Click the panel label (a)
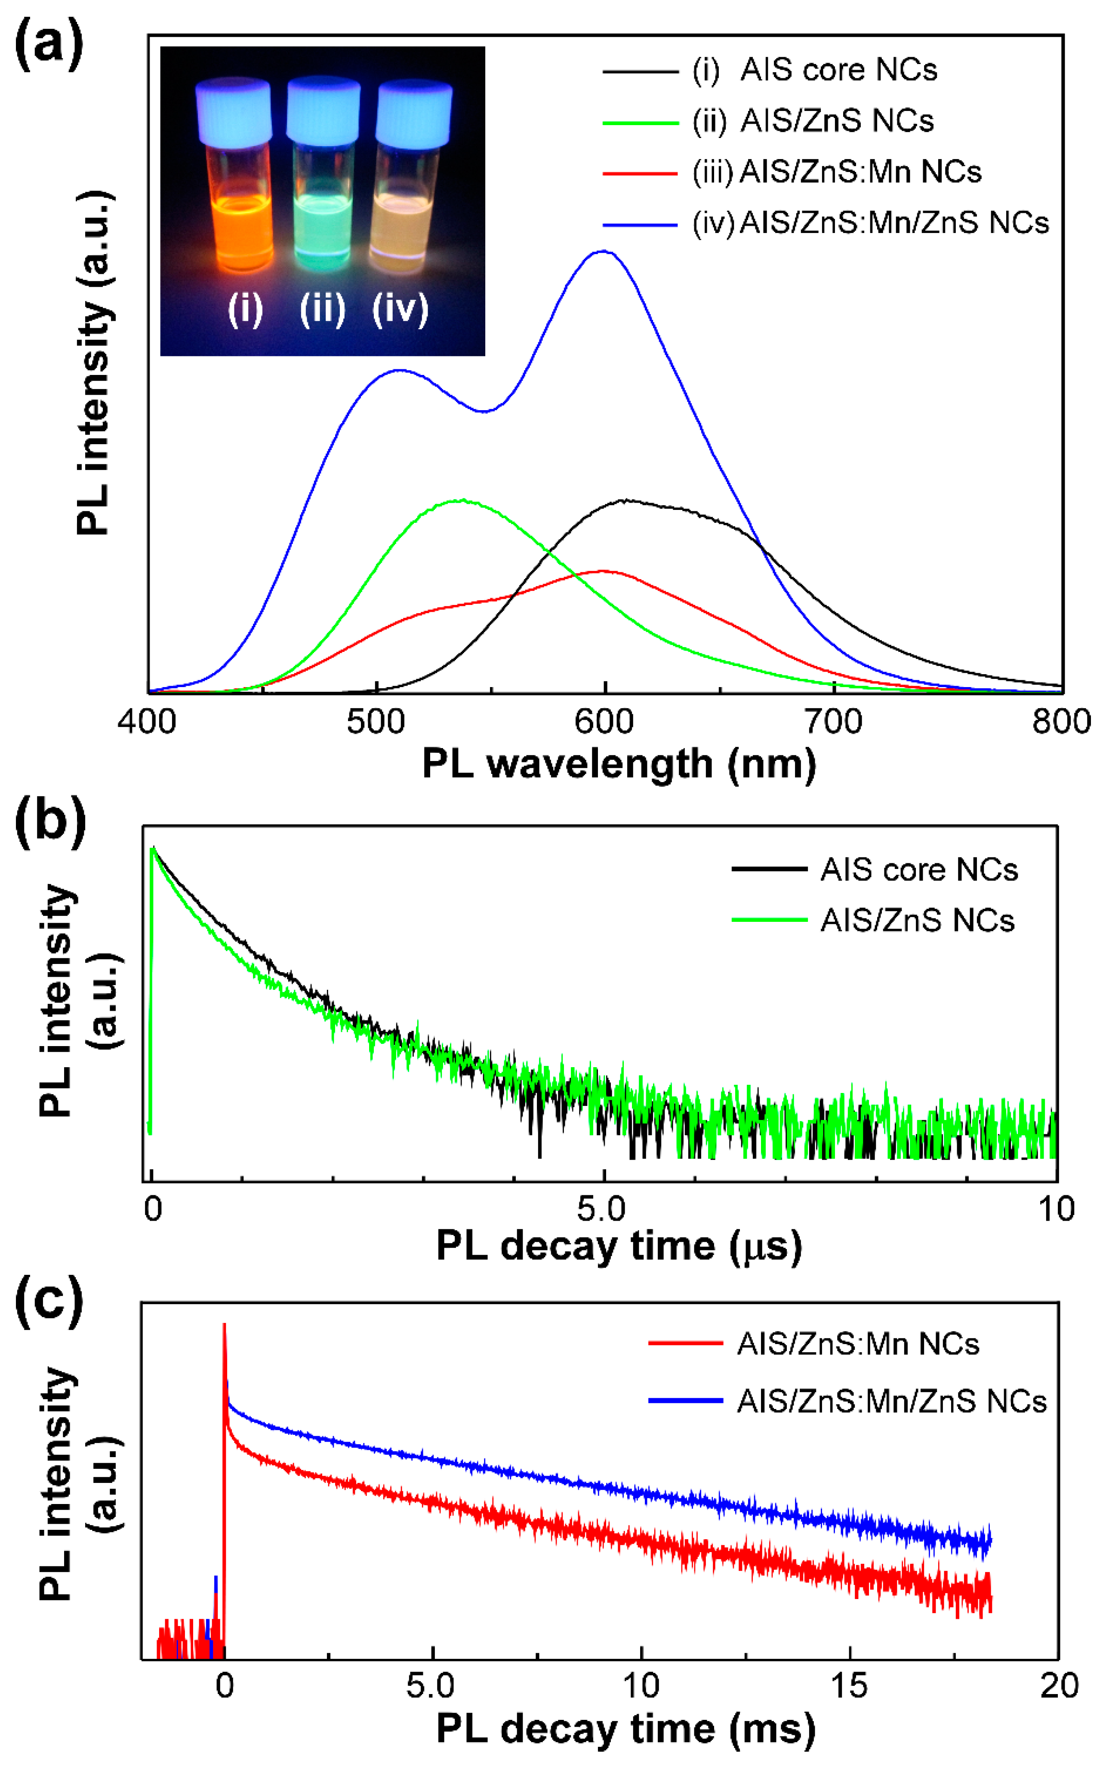point(48,45)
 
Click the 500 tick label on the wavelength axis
point(376,722)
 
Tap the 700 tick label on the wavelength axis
point(833,722)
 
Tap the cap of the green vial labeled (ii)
point(323,110)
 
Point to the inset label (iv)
point(400,309)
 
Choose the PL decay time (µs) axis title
point(619,1246)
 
